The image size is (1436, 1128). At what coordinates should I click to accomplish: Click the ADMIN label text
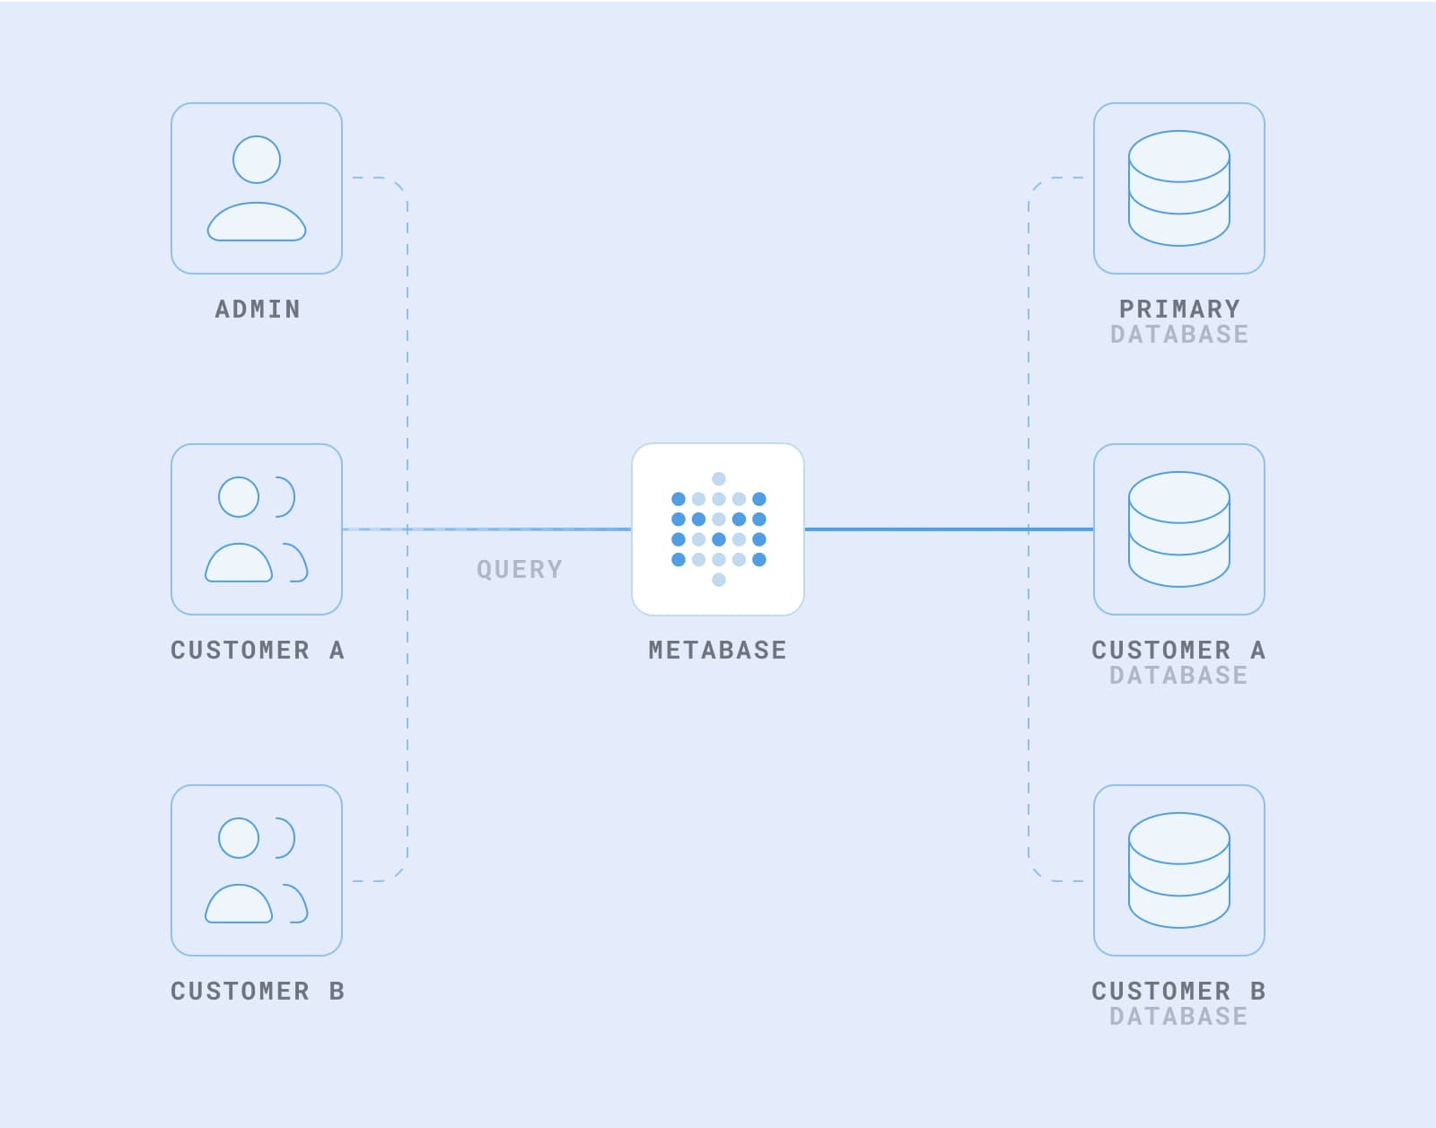click(x=258, y=309)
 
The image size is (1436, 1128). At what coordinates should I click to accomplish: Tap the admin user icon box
click(x=257, y=188)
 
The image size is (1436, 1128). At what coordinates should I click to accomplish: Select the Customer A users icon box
click(x=257, y=529)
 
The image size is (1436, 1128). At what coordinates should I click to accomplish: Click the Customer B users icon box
click(x=257, y=870)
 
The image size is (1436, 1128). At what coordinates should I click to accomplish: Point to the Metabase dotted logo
click(x=718, y=529)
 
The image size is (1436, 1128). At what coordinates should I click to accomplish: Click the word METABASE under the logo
click(x=717, y=650)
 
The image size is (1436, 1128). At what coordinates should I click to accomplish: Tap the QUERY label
click(x=519, y=569)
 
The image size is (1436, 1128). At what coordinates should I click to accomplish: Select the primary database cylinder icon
click(x=1178, y=188)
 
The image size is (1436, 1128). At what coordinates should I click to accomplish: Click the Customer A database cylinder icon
click(x=1178, y=529)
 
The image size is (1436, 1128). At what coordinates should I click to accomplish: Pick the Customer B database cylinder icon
click(x=1178, y=870)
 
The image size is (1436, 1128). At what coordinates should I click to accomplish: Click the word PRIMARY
click(x=1178, y=309)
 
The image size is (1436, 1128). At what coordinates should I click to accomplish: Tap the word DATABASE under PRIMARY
click(x=1178, y=335)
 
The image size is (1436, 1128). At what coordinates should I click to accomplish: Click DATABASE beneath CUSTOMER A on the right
click(x=1178, y=676)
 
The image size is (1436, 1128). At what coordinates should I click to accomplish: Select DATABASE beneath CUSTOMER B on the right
click(x=1178, y=1017)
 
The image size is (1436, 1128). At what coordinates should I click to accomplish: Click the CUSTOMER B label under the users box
click(x=258, y=991)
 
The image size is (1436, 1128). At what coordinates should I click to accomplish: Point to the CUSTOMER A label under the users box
click(x=258, y=650)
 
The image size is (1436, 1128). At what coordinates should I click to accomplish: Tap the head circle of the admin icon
click(x=257, y=160)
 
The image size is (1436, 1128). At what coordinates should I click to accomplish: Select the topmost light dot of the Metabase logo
click(x=718, y=478)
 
